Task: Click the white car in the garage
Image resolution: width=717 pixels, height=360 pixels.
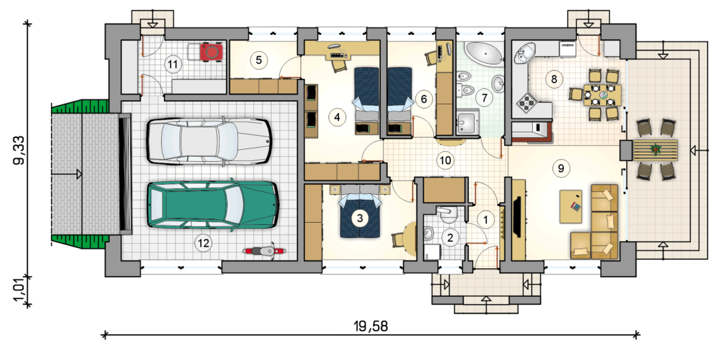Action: click(x=209, y=141)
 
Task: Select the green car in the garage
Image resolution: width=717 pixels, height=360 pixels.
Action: click(x=213, y=205)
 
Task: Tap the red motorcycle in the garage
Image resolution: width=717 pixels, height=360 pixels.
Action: click(x=263, y=251)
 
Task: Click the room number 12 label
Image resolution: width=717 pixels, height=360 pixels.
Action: click(x=203, y=243)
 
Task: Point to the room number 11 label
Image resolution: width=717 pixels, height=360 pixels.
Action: click(x=172, y=64)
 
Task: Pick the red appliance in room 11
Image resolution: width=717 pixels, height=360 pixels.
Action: click(x=212, y=51)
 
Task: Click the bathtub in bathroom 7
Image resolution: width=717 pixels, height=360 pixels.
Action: click(x=483, y=52)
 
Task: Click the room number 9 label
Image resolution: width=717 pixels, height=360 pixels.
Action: click(x=561, y=168)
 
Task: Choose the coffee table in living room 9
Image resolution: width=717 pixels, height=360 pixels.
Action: click(x=571, y=207)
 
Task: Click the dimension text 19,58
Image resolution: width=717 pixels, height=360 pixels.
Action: click(x=370, y=326)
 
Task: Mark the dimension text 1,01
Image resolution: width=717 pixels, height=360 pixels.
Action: click(x=20, y=291)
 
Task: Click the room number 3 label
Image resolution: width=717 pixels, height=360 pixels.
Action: click(x=360, y=219)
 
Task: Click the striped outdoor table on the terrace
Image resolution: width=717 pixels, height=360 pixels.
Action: click(x=655, y=150)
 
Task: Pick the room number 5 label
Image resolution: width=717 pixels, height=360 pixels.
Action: click(x=258, y=60)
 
